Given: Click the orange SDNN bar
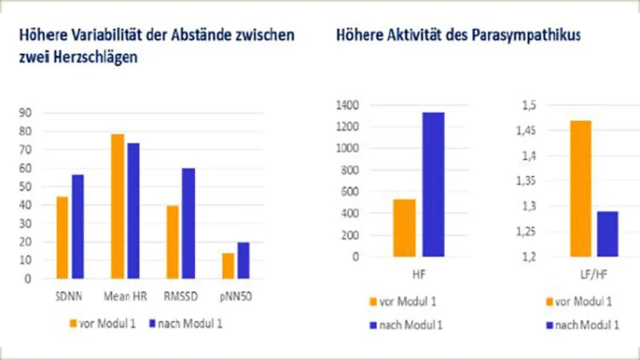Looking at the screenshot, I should tap(62, 238).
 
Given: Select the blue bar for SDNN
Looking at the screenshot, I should tap(78, 226).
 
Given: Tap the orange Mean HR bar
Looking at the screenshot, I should tap(118, 206).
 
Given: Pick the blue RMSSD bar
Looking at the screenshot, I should tap(188, 223).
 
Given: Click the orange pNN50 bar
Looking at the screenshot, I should tap(229, 266).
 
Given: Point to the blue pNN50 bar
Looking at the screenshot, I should tap(243, 260).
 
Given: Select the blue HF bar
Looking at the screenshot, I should tap(434, 184).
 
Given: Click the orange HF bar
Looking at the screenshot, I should tap(404, 227).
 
